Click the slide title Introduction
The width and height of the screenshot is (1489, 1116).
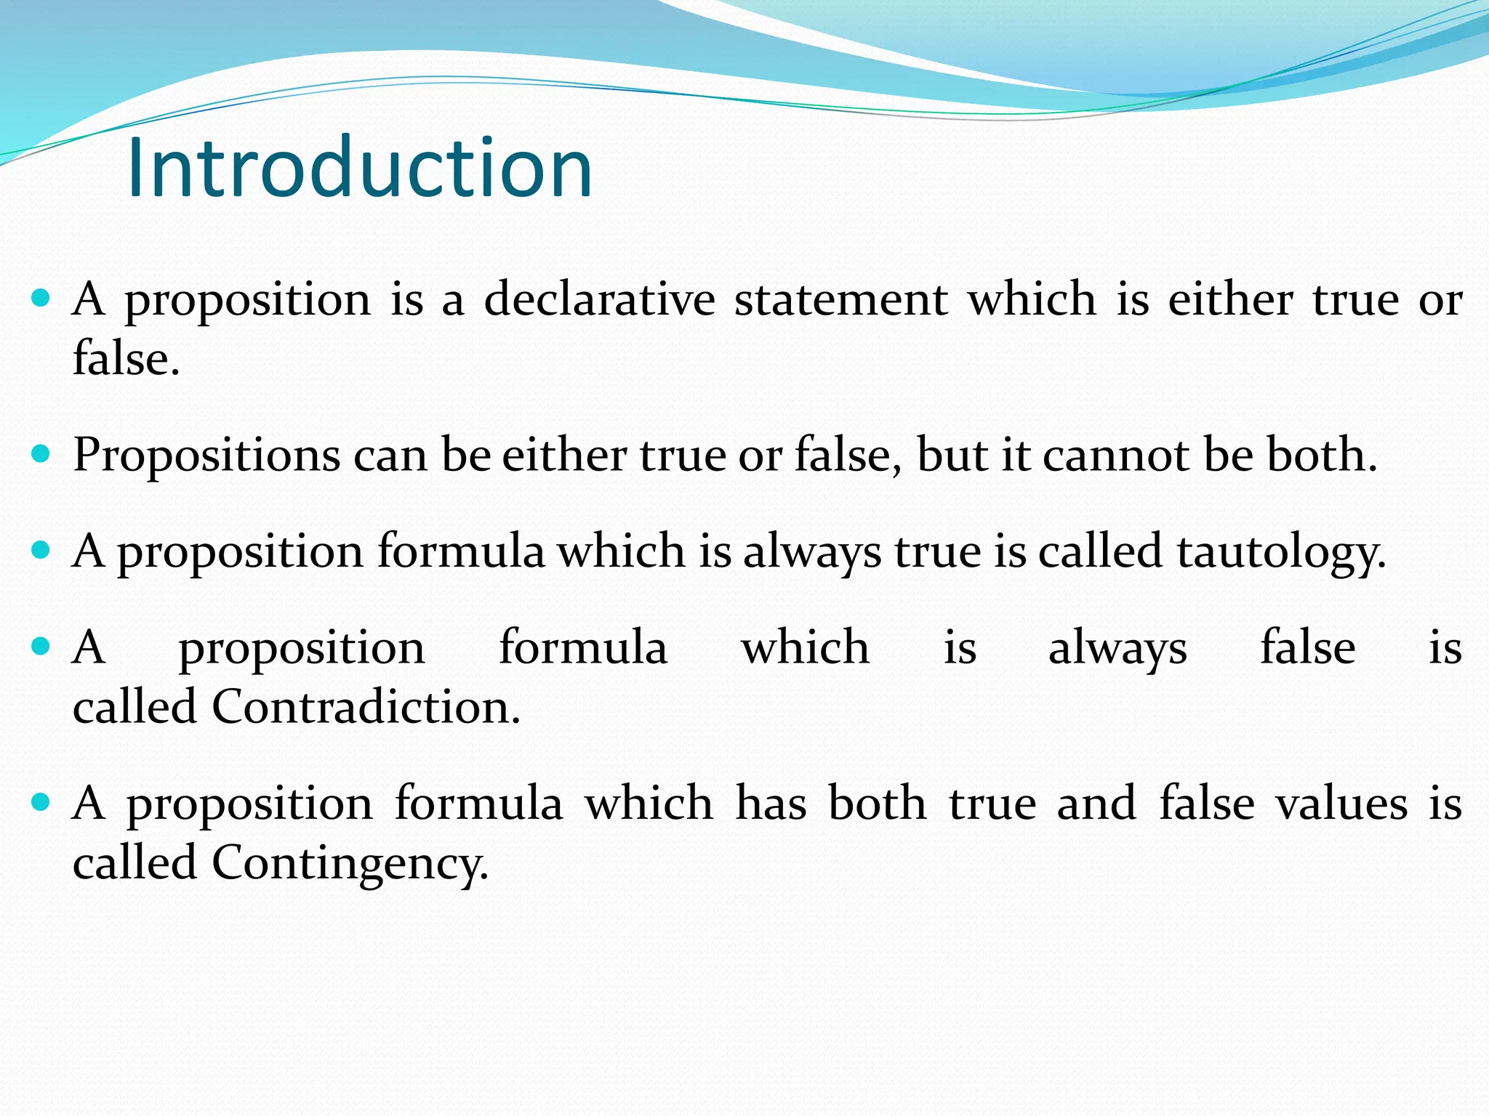pos(360,168)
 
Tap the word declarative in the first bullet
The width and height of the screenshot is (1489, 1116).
pos(599,299)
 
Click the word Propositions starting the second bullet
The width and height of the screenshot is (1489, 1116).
pos(206,456)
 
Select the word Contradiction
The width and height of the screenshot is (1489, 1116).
pos(366,707)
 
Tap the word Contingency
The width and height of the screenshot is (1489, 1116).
pos(350,863)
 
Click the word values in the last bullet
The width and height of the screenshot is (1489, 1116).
pos(1342,804)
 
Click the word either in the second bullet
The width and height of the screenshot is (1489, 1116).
pos(564,456)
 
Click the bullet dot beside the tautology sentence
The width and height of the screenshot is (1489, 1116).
pos(41,551)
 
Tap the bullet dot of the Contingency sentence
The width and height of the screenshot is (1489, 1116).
pos(41,802)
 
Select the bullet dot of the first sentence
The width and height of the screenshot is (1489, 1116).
pos(41,298)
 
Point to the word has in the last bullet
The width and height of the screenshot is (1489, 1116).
pos(771,804)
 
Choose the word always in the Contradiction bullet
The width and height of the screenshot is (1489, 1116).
pos(1117,649)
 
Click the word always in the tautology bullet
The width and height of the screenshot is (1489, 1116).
pos(812,552)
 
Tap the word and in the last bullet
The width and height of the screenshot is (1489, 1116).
pos(1096,804)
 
